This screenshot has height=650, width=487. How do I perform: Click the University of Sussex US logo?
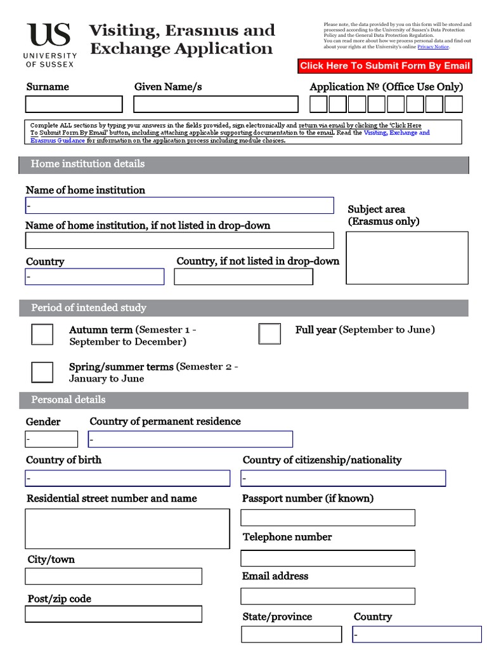[50, 44]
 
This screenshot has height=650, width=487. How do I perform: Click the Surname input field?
[74, 104]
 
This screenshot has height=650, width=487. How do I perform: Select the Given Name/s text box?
[216, 104]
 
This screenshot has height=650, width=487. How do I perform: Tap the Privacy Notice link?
[433, 47]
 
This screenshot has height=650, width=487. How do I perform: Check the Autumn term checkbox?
[42, 334]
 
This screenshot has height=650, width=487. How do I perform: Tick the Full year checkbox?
[269, 333]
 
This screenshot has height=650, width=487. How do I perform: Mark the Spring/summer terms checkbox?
[42, 371]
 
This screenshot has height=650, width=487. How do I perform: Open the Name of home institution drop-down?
[179, 206]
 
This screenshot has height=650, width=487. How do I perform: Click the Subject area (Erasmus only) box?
[407, 258]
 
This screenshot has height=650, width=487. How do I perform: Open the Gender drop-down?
[51, 439]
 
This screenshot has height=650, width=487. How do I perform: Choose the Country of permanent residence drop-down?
[190, 439]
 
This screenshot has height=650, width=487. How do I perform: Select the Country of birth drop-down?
[127, 478]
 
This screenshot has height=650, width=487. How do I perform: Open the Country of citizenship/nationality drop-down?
[343, 478]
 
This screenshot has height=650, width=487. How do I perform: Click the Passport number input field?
[328, 517]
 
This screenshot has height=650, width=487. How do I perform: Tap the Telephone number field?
[328, 558]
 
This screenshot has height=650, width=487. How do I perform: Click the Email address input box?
[328, 596]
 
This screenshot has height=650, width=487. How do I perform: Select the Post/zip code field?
[114, 614]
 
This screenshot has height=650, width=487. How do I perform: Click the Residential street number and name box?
[127, 528]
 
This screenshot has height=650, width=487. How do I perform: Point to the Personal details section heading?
[68, 400]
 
